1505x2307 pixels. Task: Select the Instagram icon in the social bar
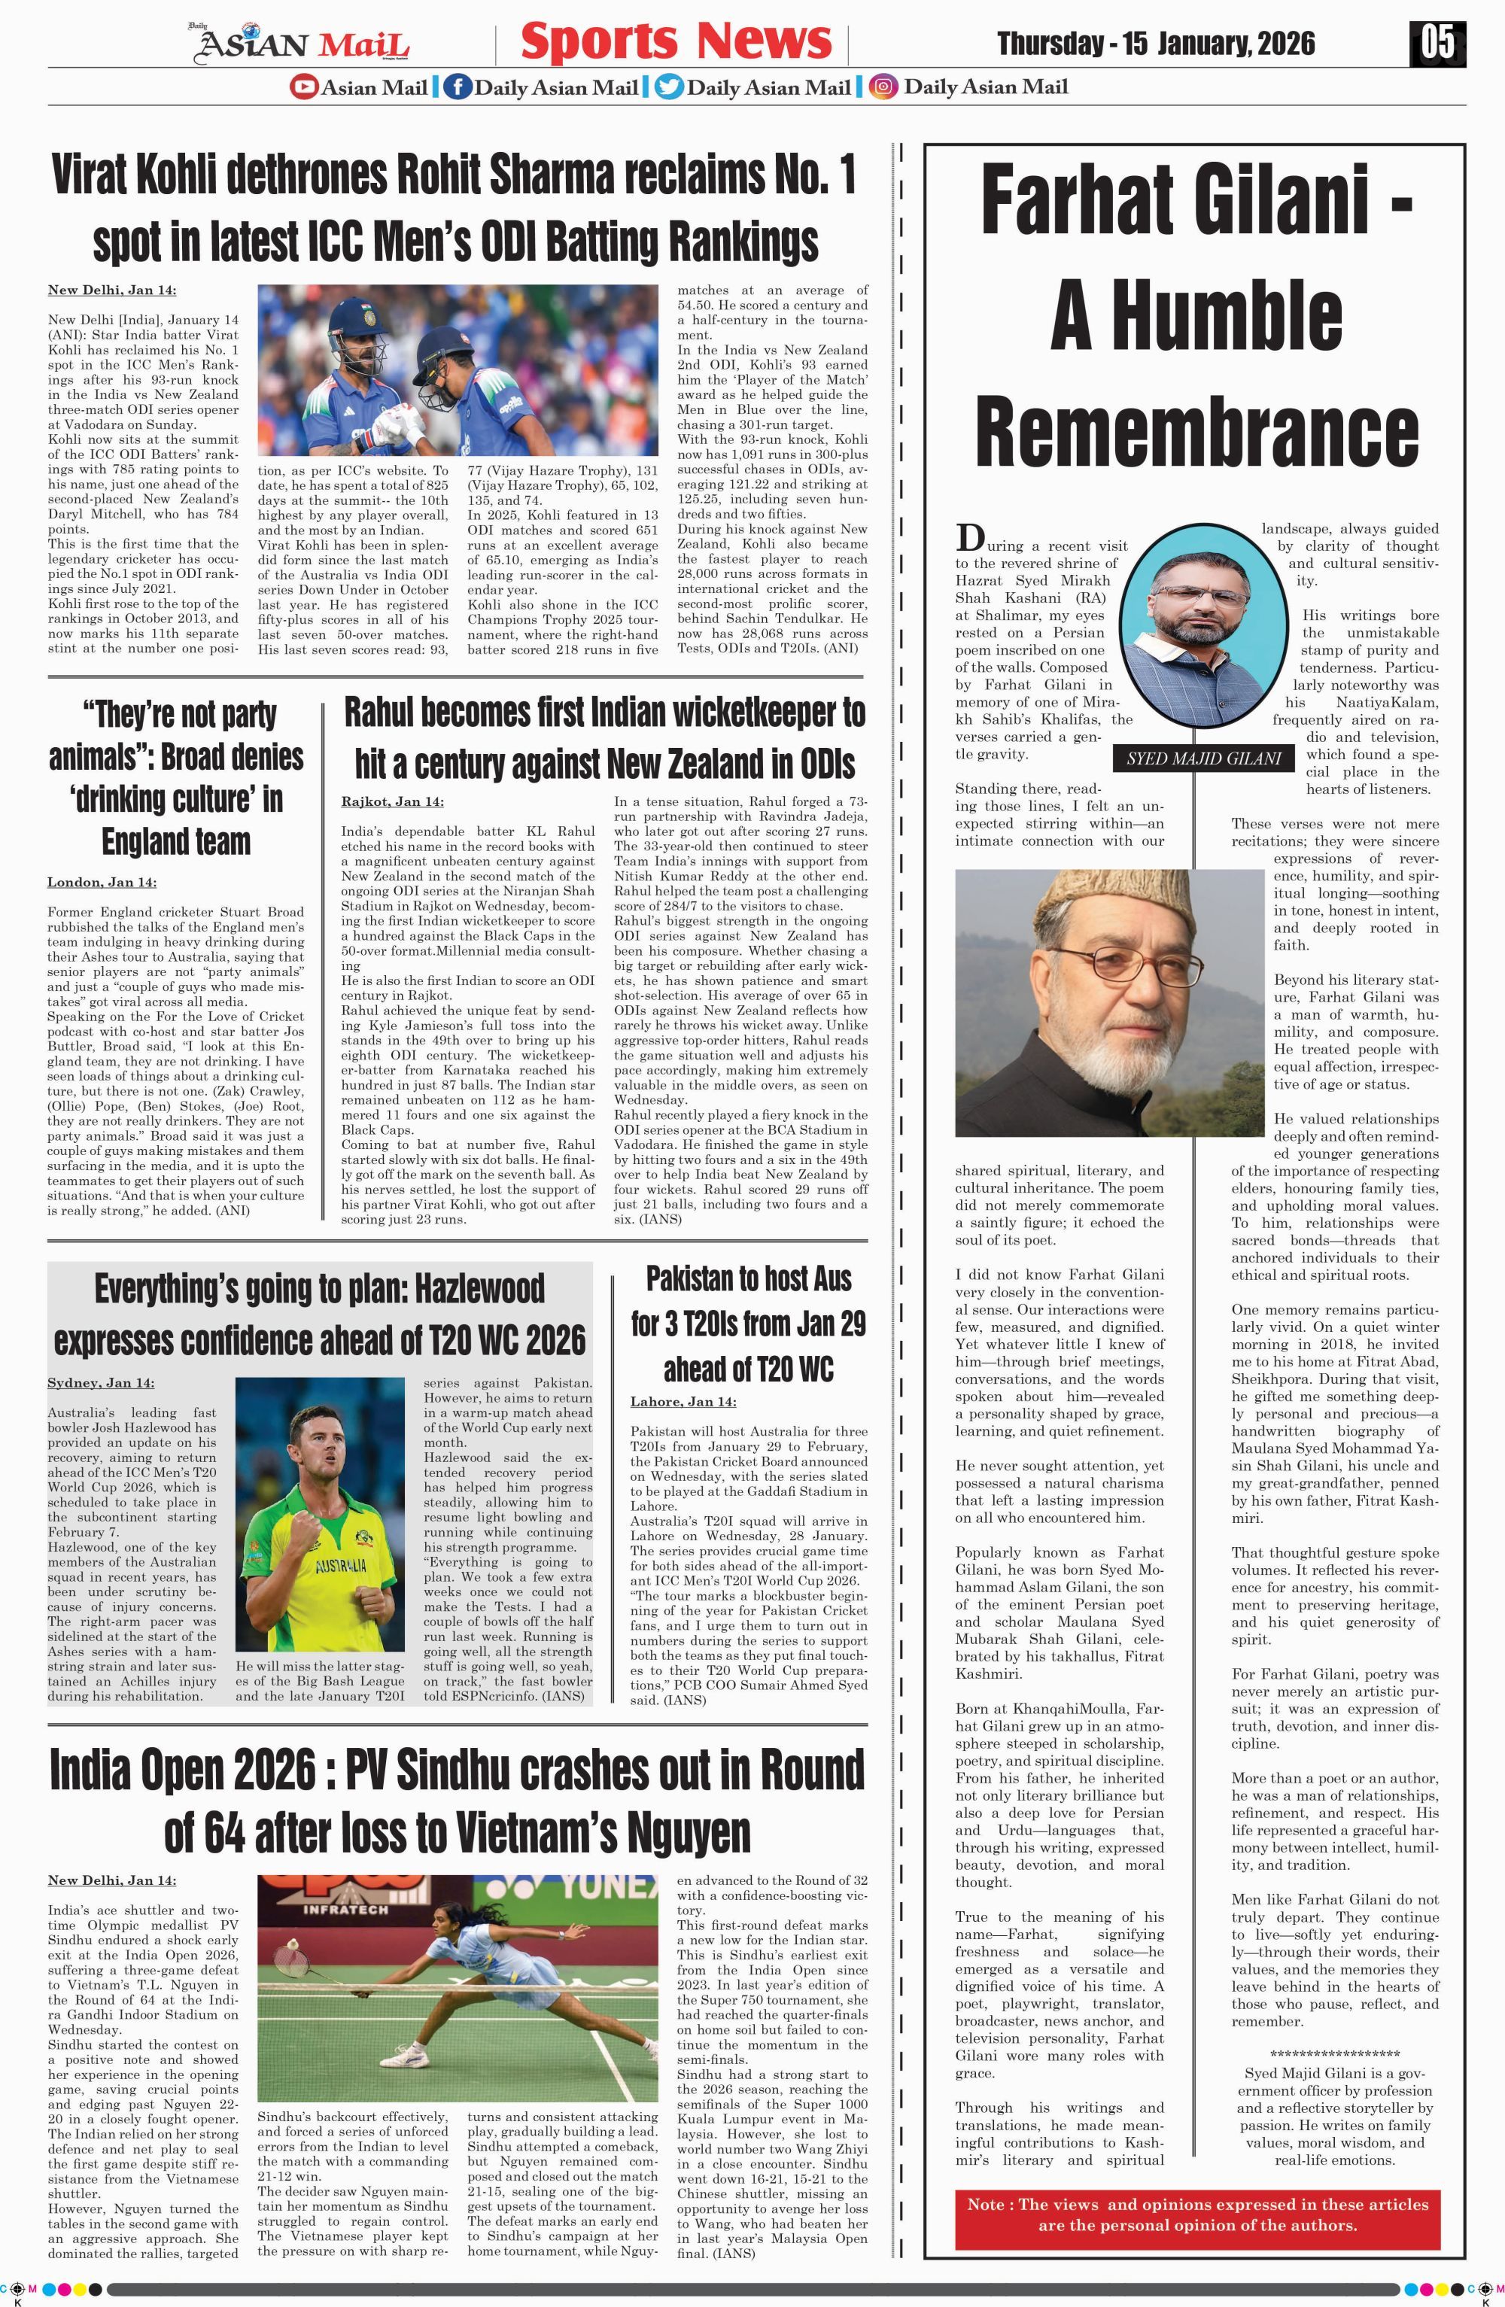[882, 87]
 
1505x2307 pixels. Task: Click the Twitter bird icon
[667, 87]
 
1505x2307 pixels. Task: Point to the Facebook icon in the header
[457, 87]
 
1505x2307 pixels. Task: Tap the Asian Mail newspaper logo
[303, 44]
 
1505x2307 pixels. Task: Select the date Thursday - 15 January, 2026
[1155, 44]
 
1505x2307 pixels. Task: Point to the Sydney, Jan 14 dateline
[101, 1382]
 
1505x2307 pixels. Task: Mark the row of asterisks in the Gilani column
[1334, 2053]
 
